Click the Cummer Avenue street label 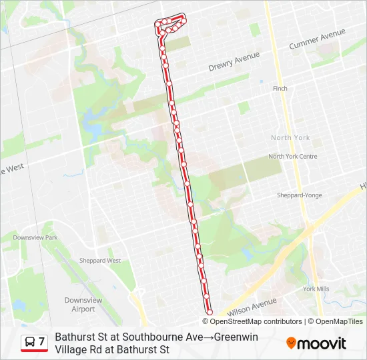317,39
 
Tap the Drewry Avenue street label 234,62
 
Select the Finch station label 280,88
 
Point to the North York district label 290,137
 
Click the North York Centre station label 292,157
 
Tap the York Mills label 316,289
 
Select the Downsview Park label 35,237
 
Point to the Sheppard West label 100,261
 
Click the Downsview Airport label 83,305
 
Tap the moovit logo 316,343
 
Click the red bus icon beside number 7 30,343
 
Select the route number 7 42,342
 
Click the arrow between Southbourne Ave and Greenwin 208,337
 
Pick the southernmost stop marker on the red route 210,311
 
